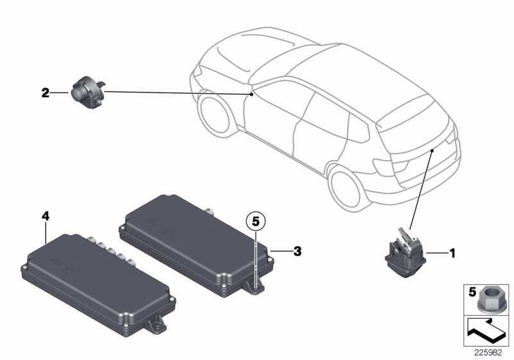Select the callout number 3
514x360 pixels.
pos(297,251)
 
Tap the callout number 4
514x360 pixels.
pos(45,217)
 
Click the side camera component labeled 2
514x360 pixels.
pos(87,90)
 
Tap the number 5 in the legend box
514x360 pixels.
pos(470,292)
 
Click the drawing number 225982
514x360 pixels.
pos(490,350)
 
